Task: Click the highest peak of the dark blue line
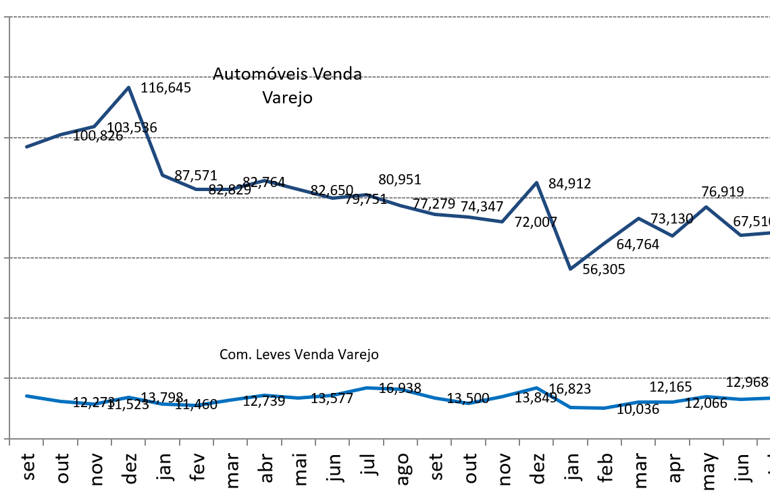pos(128,87)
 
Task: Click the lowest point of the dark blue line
pos(570,269)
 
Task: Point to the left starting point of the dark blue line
pos(26,147)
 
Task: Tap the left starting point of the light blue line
pos(26,396)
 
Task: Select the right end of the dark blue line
pos(769,233)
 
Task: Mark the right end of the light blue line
pos(769,398)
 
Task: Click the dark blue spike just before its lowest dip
pos(536,182)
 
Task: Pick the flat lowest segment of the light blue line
pos(588,408)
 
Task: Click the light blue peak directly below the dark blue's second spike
pos(536,388)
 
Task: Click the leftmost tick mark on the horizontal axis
pos(9,442)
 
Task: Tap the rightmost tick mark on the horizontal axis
pos(757,442)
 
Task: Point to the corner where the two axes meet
pos(9,438)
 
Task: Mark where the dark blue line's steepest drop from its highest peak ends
pos(162,175)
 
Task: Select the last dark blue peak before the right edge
pos(706,207)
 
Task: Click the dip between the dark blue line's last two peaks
pos(672,236)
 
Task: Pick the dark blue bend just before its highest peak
pos(95,126)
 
